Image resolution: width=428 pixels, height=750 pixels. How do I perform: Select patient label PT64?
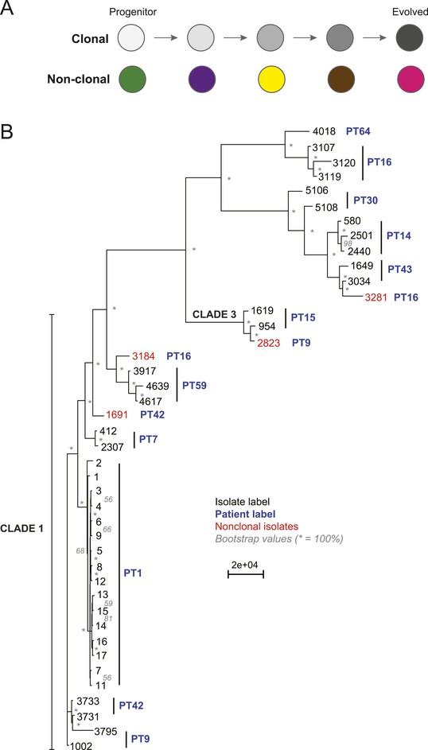359,130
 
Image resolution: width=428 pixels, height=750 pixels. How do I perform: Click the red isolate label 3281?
375,297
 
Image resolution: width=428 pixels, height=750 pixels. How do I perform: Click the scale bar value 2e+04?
245,565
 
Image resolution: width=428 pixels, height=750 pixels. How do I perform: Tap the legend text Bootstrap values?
252,538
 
